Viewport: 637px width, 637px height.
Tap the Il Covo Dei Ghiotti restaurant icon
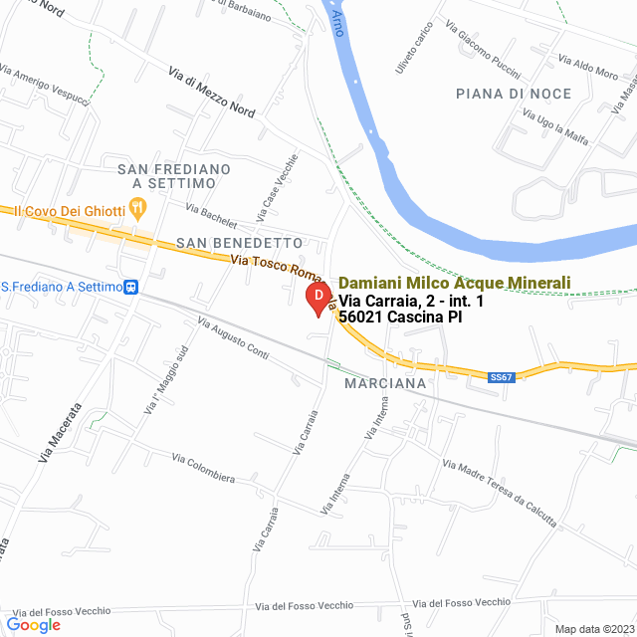click(x=139, y=209)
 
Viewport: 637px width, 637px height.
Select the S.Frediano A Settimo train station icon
click(x=130, y=287)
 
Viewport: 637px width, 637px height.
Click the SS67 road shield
click(x=502, y=377)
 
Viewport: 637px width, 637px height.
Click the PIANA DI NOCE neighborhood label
click(x=514, y=94)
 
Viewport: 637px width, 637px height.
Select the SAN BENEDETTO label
click(x=239, y=242)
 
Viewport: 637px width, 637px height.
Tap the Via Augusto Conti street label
click(x=233, y=337)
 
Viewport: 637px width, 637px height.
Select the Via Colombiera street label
click(x=203, y=468)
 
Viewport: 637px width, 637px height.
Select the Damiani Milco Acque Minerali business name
click(x=455, y=283)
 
